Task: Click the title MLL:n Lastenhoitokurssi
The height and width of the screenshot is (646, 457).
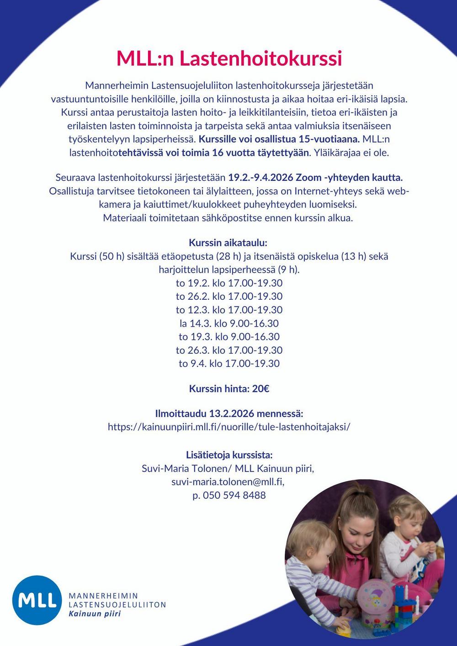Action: (229, 59)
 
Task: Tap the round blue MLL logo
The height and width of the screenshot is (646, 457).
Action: (37, 600)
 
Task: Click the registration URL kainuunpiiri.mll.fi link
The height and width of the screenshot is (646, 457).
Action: (229, 427)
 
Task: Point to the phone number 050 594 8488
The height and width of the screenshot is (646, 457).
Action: (234, 495)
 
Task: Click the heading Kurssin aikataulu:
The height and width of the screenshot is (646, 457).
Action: (228, 243)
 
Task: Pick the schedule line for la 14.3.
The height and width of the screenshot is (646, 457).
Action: (229, 323)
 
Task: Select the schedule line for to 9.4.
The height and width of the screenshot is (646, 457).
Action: (229, 364)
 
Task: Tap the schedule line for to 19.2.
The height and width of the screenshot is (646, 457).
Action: (229, 283)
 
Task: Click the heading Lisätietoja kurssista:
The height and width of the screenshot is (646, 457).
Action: (229, 455)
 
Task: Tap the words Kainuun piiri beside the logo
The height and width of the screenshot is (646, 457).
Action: (95, 614)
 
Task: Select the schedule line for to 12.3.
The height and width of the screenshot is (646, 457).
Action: (229, 310)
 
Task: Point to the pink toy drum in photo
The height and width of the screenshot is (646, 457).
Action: (375, 598)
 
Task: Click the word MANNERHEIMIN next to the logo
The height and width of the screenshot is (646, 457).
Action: (103, 596)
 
